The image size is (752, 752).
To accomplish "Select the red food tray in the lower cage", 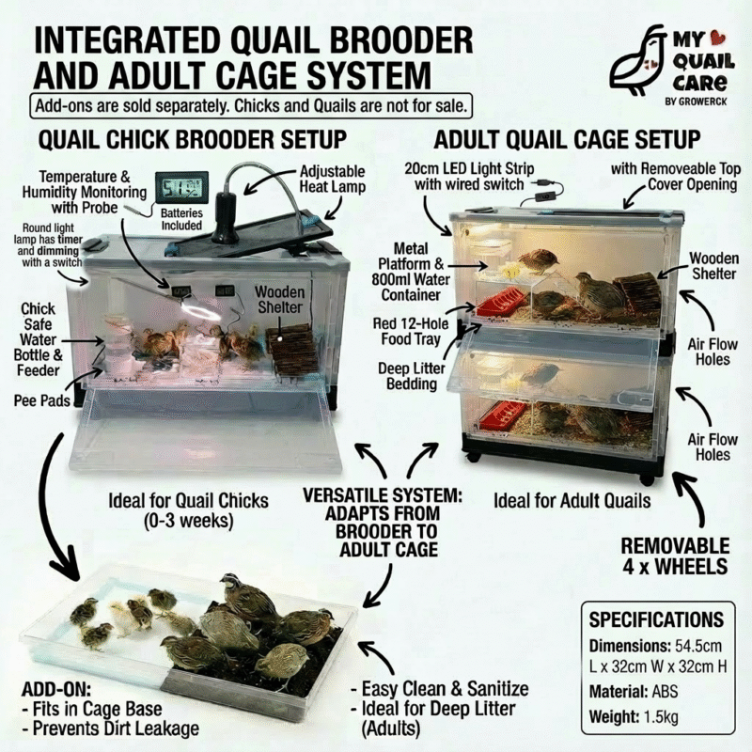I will point(502,413).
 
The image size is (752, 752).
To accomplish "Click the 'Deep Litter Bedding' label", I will point(412,376).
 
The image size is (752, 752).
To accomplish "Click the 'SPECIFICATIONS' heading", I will point(656,619).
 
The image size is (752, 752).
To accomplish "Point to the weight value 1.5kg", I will point(662,717).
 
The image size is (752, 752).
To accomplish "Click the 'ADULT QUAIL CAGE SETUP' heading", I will point(567,140).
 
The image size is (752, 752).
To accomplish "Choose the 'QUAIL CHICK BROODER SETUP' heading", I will point(192,140).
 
